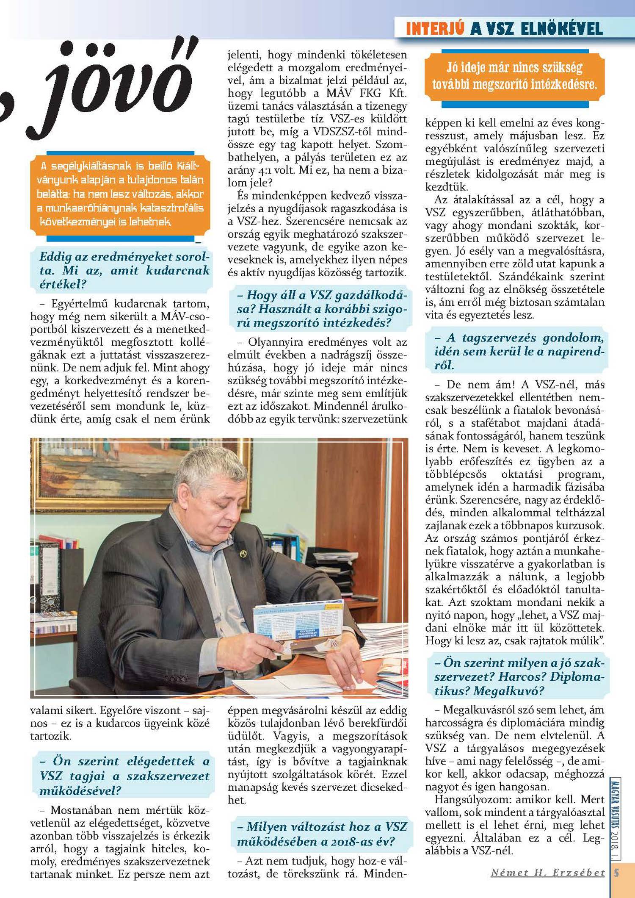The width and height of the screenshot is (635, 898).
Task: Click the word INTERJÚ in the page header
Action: tap(435, 29)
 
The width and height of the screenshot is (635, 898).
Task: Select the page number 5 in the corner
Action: tap(616, 873)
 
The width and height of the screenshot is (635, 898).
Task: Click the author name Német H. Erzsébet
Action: tap(548, 873)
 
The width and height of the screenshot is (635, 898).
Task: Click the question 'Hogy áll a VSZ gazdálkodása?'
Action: tap(321, 309)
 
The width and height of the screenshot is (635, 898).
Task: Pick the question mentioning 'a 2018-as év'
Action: tap(321, 834)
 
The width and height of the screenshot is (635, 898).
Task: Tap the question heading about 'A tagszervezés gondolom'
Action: tap(519, 351)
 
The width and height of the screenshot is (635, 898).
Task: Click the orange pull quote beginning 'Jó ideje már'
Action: tap(514, 76)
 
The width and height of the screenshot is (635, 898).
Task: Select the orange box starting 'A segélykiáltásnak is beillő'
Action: tap(120, 193)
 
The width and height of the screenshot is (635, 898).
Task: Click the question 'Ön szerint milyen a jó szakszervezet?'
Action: tap(519, 676)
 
